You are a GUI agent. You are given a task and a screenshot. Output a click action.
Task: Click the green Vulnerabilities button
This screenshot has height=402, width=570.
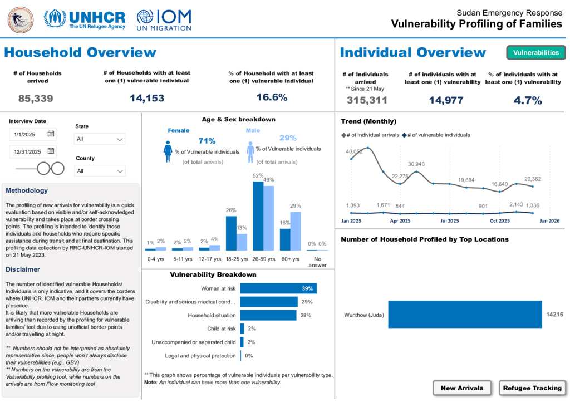[535, 53]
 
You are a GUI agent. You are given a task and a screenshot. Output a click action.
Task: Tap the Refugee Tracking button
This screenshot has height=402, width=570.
[533, 388]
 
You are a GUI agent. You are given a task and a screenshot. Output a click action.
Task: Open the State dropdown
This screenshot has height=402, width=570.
[100, 139]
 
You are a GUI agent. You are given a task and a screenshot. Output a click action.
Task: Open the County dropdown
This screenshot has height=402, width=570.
[100, 171]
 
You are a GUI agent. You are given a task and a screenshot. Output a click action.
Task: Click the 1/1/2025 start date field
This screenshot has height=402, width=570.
[32, 134]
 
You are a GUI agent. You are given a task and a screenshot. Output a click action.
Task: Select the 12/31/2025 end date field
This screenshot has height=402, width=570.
[32, 151]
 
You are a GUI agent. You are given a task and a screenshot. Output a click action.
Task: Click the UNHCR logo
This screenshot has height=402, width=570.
[85, 19]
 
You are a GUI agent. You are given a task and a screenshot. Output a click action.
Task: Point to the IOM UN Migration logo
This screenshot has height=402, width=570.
[164, 19]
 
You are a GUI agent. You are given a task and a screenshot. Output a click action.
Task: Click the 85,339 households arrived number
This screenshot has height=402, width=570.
[36, 99]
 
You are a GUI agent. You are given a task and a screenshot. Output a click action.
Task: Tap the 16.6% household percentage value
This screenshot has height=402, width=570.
[272, 97]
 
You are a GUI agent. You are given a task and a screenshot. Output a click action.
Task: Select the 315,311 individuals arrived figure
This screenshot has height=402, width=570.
[366, 100]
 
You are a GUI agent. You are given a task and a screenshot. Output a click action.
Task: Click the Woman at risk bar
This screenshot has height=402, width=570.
[278, 288]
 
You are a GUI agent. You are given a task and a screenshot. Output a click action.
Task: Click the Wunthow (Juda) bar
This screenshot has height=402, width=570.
[465, 315]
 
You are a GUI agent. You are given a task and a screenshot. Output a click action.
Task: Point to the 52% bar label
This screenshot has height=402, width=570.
[258, 176]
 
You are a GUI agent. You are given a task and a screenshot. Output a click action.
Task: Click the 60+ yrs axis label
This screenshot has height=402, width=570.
[290, 259]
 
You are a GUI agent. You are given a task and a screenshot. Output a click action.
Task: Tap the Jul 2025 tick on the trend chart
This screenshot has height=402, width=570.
[450, 221]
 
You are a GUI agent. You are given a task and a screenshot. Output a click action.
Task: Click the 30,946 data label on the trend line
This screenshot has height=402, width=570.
[416, 164]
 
